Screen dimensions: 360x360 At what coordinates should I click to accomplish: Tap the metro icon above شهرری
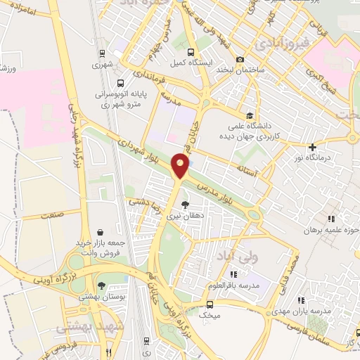coord(104,53)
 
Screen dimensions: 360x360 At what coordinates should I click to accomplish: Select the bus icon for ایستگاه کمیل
coord(190,52)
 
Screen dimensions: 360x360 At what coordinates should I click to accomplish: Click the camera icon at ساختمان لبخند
coord(240,59)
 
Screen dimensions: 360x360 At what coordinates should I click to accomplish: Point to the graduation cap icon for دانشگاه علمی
coord(249,115)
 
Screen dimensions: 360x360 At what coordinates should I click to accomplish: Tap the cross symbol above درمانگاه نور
coord(312,147)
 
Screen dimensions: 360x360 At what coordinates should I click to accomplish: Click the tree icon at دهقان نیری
coord(185,205)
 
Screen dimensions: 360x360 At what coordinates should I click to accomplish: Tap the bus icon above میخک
coord(209,304)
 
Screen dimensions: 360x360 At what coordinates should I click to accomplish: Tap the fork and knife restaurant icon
coord(107,352)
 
